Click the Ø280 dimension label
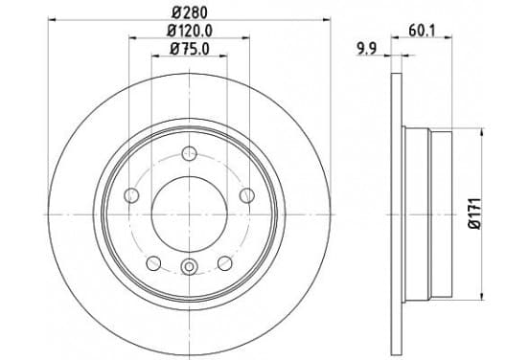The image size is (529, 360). (189, 12)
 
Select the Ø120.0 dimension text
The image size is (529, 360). (190, 31)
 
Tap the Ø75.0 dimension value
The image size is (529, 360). (190, 49)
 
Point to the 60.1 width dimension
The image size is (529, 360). (422, 32)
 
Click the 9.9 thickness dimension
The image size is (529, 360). (366, 50)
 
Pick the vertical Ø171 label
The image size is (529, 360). (475, 214)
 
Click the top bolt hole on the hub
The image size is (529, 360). (189, 153)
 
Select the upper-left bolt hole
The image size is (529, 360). (131, 195)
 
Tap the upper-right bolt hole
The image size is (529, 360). (247, 195)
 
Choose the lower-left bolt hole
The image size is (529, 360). (153, 263)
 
